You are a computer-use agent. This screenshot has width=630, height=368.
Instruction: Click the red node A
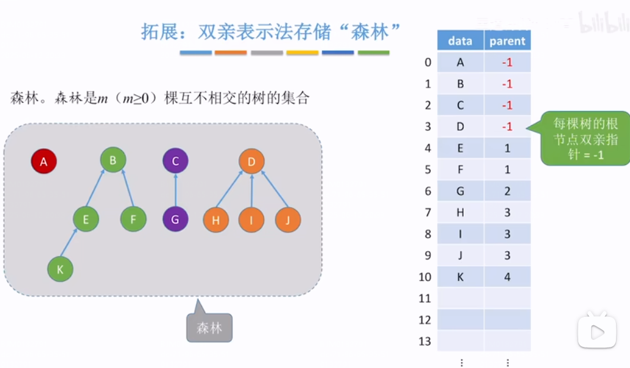[44, 162]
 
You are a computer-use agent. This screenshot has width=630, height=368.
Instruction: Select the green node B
[113, 160]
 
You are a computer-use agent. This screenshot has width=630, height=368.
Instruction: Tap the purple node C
[175, 161]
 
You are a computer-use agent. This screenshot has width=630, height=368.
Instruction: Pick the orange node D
[252, 162]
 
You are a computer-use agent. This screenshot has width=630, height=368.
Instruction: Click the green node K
[60, 270]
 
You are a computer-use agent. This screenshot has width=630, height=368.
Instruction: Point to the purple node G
[175, 220]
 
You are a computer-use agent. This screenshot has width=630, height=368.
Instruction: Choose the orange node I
[252, 220]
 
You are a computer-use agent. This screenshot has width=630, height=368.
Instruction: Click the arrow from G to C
[175, 190]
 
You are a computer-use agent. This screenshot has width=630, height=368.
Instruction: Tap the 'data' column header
[460, 41]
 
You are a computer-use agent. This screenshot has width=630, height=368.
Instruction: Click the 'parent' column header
[507, 41]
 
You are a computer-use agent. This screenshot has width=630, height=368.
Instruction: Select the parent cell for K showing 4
[507, 277]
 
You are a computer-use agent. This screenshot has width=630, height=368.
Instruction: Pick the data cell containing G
[460, 191]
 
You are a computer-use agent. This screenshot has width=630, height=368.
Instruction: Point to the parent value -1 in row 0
[507, 62]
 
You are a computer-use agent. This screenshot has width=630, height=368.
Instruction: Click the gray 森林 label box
[209, 328]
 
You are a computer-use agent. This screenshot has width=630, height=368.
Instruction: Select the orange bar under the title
[231, 52]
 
